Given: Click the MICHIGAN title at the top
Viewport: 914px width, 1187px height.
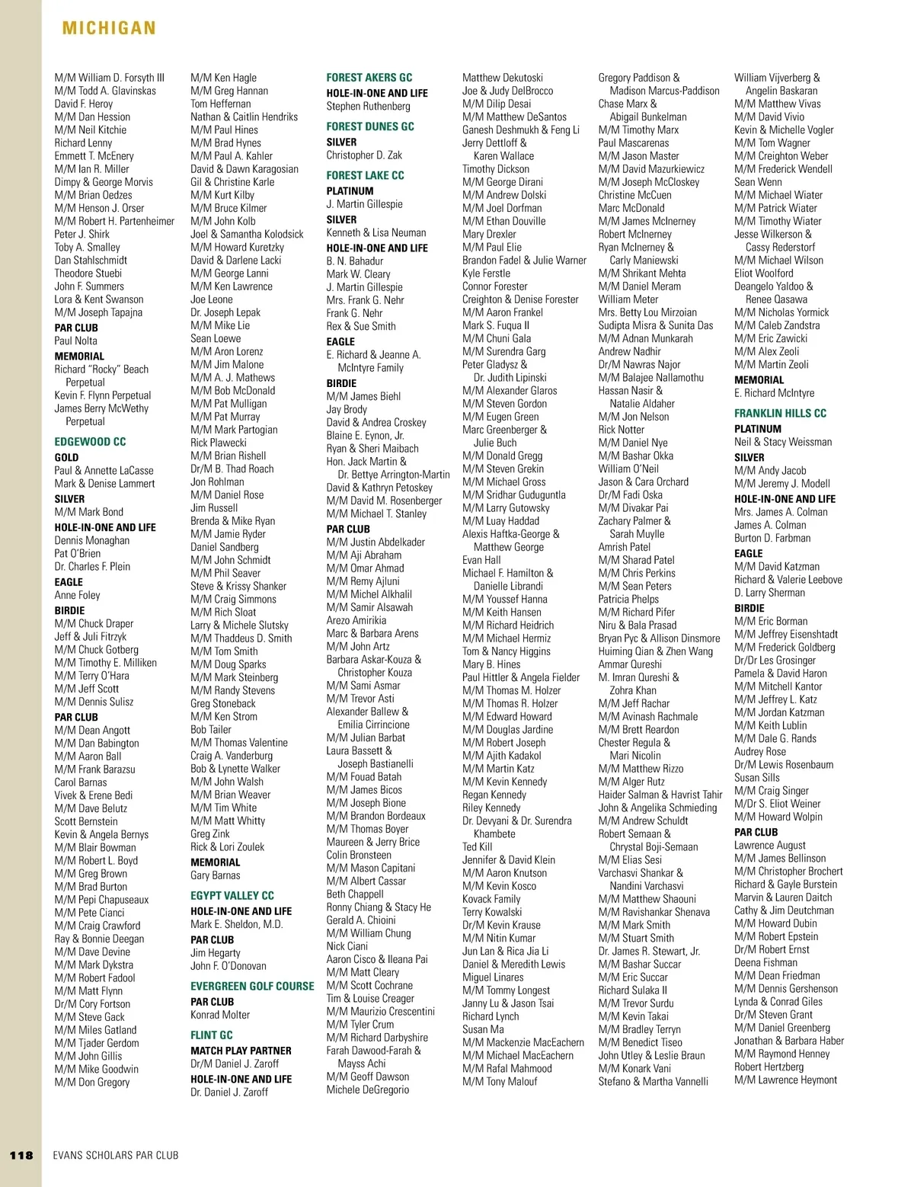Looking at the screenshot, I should pos(109,29).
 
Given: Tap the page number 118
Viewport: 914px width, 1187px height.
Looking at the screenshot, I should pos(21,1155).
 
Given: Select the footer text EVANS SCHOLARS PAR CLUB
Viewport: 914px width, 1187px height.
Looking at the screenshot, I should pos(116,1155).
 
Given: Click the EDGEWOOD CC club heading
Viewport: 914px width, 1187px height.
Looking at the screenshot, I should pos(90,442).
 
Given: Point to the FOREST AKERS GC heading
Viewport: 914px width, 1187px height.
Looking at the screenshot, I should pos(369,78).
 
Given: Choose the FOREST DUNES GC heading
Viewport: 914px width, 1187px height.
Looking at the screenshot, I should pos(370,126).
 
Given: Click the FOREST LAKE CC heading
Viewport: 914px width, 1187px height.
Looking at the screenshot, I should pos(365,175).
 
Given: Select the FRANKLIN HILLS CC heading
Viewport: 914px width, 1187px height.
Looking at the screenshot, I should pos(780,414).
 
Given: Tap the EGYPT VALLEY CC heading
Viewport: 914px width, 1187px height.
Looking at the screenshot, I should pos(232,896).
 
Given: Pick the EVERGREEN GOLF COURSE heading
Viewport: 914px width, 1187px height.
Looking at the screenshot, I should pos(252,987).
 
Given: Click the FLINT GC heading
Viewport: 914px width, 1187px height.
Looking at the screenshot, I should pos(212,1035).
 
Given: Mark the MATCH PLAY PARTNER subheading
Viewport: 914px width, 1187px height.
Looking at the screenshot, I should pos(241,1051).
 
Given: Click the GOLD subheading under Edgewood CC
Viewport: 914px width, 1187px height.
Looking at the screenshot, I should pos(66,458).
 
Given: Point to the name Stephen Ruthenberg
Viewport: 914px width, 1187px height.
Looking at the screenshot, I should pos(368,107).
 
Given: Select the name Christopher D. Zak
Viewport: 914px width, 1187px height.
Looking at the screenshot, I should pos(364,155).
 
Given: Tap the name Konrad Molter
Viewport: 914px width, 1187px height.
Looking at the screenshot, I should pos(220,1015).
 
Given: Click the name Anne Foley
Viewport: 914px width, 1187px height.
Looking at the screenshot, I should pos(77,596).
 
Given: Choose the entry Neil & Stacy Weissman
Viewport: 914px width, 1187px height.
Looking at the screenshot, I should pos(783,442).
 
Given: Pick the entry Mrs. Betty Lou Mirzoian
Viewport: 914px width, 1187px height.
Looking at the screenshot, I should pos(647,312).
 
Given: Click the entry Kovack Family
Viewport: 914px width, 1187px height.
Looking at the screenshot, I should pos(491,899).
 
